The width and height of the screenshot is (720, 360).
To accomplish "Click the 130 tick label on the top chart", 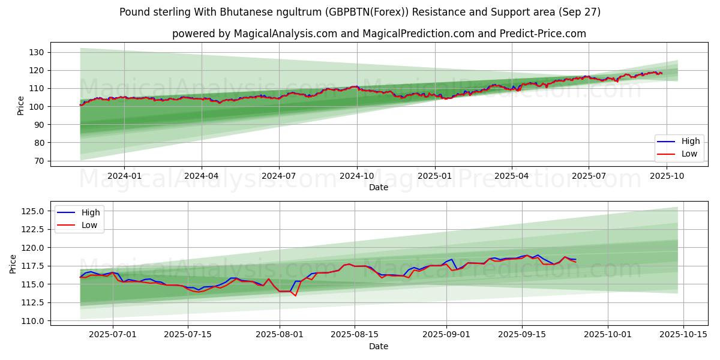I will (x=36, y=52).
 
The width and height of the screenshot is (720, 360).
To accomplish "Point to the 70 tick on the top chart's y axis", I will (x=38, y=161).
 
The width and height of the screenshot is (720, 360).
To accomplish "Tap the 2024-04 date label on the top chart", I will (x=201, y=175).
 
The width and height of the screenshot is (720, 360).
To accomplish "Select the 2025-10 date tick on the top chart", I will (x=666, y=175).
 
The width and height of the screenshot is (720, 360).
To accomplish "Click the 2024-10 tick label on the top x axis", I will (x=357, y=175).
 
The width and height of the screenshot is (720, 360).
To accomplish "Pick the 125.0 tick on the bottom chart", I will (x=32, y=211).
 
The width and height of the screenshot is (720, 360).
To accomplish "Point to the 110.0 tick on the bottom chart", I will (x=32, y=321).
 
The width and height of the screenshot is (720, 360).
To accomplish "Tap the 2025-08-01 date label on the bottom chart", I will (x=280, y=334).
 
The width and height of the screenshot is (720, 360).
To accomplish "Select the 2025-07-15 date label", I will (x=188, y=334).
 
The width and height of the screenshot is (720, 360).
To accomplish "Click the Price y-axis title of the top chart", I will (x=21, y=105).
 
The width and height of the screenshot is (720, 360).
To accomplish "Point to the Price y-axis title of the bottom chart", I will (x=13, y=263).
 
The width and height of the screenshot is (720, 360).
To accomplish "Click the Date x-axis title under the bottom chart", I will (x=378, y=346).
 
